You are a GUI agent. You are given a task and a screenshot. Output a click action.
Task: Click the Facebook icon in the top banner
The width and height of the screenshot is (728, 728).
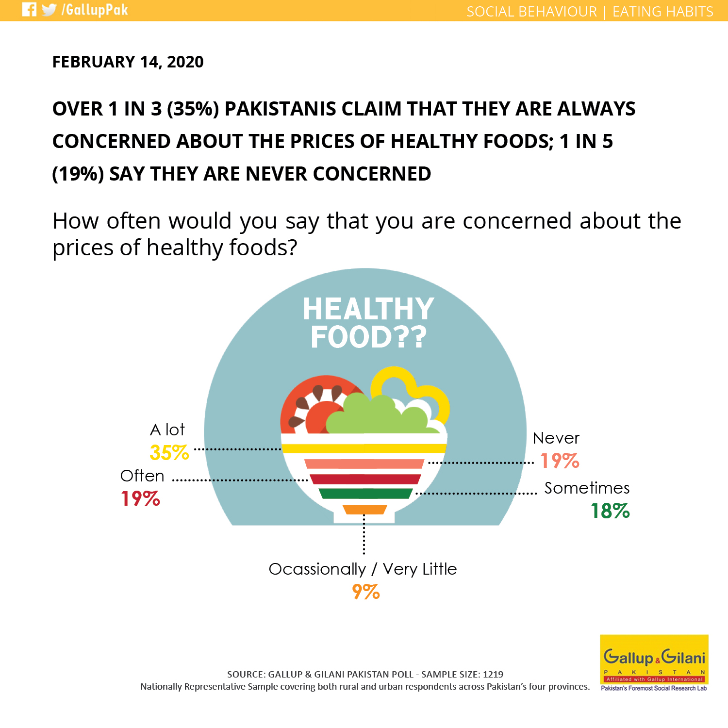click(x=29, y=10)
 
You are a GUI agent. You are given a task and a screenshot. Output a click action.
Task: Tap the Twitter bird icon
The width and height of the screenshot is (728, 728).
click(x=49, y=10)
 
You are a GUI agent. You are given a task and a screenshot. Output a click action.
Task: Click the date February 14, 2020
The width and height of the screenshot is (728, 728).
click(x=128, y=62)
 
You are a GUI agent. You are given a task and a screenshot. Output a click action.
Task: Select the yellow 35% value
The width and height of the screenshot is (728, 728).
click(x=169, y=452)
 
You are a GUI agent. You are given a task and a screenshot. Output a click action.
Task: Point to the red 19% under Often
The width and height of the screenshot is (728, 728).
click(x=140, y=498)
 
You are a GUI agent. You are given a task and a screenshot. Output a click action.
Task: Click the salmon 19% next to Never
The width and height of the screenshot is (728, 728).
click(x=560, y=461)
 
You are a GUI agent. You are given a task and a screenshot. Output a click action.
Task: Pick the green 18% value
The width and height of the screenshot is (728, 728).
click(x=610, y=511)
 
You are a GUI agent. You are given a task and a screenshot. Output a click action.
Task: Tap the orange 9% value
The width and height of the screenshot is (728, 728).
click(x=366, y=592)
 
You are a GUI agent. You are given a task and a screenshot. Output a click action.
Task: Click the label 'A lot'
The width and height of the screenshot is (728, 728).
click(x=167, y=430)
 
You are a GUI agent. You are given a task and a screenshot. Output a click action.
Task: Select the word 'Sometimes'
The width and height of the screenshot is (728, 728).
click(x=587, y=488)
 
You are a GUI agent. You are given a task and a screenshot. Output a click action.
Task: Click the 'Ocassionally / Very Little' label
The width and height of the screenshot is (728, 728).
click(x=363, y=569)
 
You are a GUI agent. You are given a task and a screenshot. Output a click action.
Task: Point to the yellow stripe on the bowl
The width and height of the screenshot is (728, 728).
click(x=364, y=448)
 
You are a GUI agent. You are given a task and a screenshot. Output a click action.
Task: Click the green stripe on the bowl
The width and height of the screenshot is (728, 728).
click(x=365, y=494)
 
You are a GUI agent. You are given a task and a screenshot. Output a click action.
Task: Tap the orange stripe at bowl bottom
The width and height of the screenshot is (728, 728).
click(x=364, y=509)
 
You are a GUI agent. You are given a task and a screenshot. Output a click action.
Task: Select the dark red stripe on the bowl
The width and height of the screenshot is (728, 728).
click(x=365, y=479)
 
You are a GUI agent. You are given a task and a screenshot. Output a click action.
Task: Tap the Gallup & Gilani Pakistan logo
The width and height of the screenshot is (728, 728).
click(x=654, y=662)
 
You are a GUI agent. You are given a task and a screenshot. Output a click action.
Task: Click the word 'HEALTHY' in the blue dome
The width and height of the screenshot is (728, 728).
click(x=368, y=309)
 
